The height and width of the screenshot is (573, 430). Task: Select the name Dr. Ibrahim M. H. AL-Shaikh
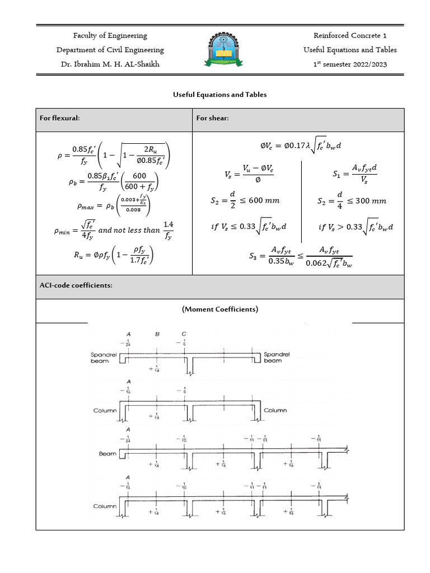[110, 64]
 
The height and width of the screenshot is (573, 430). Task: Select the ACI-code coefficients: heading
[76, 285]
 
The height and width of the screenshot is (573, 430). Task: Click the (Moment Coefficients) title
[219, 309]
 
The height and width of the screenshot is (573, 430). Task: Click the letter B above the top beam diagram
[157, 334]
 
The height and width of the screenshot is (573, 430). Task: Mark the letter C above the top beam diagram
[184, 334]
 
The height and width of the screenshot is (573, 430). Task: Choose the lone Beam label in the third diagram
[107, 454]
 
